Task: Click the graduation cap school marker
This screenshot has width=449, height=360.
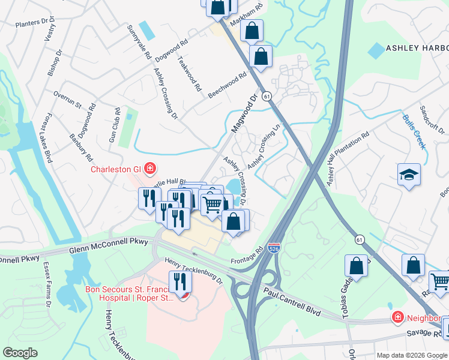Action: click(x=409, y=175)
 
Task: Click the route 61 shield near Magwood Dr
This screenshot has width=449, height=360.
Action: click(x=267, y=95)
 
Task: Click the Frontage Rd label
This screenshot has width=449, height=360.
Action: click(x=247, y=256)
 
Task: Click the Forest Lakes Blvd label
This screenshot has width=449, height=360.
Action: click(x=49, y=138)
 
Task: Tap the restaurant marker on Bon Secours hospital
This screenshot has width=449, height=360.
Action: click(x=179, y=281)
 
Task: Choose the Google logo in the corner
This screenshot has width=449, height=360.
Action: click(x=20, y=353)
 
